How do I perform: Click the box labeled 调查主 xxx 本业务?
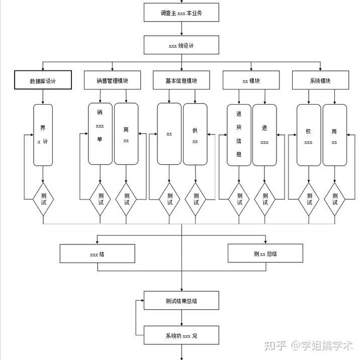point(182,13)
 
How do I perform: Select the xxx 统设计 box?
point(182,45)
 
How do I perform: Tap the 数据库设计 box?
point(43,80)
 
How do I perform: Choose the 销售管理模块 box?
point(113,80)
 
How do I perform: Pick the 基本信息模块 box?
point(182,80)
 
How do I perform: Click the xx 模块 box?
point(251,80)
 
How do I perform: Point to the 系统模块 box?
point(321,80)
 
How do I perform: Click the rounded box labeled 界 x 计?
point(43,135)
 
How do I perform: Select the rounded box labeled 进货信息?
point(239,135)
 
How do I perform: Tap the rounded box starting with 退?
point(264,135)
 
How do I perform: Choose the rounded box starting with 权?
point(309,135)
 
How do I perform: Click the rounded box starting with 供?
point(195,134)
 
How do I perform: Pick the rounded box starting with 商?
point(126,134)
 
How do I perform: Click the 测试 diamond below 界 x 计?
point(43,199)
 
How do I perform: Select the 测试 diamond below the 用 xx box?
point(334,199)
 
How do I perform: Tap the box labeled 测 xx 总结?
point(265,253)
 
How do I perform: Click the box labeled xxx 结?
point(98,253)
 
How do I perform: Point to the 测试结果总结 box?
point(182,301)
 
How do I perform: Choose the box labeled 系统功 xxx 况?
point(182,335)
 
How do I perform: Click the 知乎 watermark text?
point(275,346)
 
